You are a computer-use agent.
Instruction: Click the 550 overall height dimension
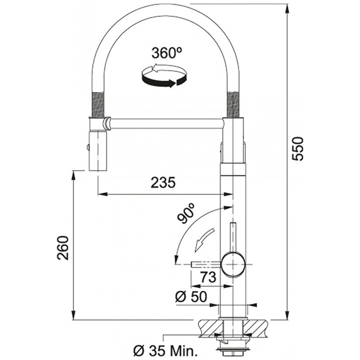tap(298, 148)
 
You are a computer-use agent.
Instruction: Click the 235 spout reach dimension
tap(163, 183)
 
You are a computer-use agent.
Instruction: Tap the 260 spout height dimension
tap(63, 248)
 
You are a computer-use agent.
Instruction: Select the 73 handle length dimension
tap(208, 277)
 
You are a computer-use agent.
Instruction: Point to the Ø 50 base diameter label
tap(191, 297)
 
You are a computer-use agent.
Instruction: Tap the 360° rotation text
tap(166, 53)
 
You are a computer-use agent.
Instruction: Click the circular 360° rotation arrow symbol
tap(164, 76)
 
